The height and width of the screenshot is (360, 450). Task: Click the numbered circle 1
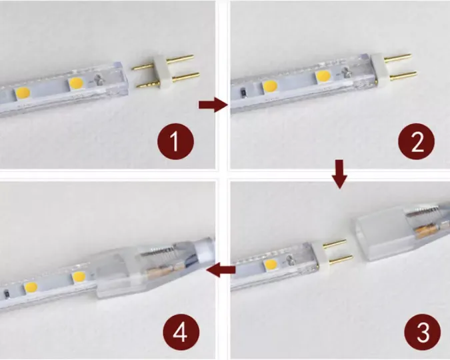(x=175, y=141)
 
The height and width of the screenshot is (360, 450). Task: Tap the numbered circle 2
(x=417, y=141)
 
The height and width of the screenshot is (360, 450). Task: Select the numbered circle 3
(x=423, y=332)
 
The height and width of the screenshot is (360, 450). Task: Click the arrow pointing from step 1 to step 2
(x=213, y=105)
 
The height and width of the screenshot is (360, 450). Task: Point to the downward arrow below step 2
(x=339, y=174)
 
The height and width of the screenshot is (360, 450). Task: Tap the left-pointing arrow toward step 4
(x=221, y=270)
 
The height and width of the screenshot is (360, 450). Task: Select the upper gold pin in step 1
(x=163, y=62)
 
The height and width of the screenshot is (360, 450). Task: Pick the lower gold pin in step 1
(x=168, y=81)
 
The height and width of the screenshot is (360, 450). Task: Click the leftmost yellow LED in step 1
(x=23, y=93)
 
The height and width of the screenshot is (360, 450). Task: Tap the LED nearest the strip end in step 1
(x=76, y=83)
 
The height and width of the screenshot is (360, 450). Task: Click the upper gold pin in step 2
(x=398, y=58)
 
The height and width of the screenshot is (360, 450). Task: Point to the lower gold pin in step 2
(x=403, y=76)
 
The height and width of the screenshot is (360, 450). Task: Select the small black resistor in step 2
(x=243, y=93)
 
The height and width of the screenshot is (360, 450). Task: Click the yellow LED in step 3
(x=271, y=265)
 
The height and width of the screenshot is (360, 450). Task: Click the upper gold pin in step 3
(x=335, y=243)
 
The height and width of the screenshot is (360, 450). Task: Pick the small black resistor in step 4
(x=6, y=295)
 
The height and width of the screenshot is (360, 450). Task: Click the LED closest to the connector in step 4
(x=79, y=277)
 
